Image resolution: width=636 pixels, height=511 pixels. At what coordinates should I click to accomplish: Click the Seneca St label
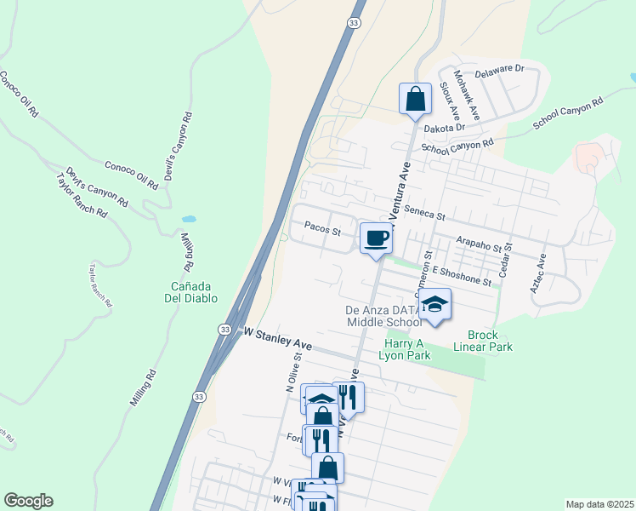click(425, 211)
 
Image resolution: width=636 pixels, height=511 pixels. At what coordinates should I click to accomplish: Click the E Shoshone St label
click(462, 275)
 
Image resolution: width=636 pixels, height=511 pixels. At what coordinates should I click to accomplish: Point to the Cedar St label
click(505, 259)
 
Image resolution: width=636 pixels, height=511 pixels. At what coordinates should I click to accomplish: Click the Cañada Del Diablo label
click(191, 292)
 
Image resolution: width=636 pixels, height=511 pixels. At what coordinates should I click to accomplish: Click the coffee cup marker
click(376, 238)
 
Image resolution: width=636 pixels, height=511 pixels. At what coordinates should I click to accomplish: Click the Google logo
click(28, 501)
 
